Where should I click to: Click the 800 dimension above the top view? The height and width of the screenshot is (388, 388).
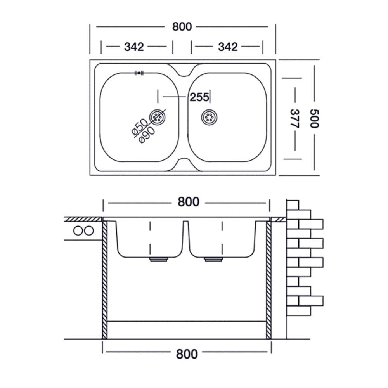tap(182, 27)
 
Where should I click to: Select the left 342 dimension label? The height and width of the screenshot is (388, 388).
tap(134, 47)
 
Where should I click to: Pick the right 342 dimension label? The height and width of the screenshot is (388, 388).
tap(228, 47)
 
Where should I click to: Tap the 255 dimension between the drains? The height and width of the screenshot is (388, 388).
tap(199, 97)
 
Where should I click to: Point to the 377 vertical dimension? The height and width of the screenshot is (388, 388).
tap(295, 118)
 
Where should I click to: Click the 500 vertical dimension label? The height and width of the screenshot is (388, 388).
tap(315, 118)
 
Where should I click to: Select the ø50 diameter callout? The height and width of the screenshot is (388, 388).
tap(139, 126)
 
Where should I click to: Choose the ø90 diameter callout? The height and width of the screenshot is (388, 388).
tap(147, 135)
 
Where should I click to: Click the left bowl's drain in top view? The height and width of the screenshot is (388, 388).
tap(157, 116)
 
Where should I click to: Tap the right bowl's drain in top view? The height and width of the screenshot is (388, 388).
tap(210, 117)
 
